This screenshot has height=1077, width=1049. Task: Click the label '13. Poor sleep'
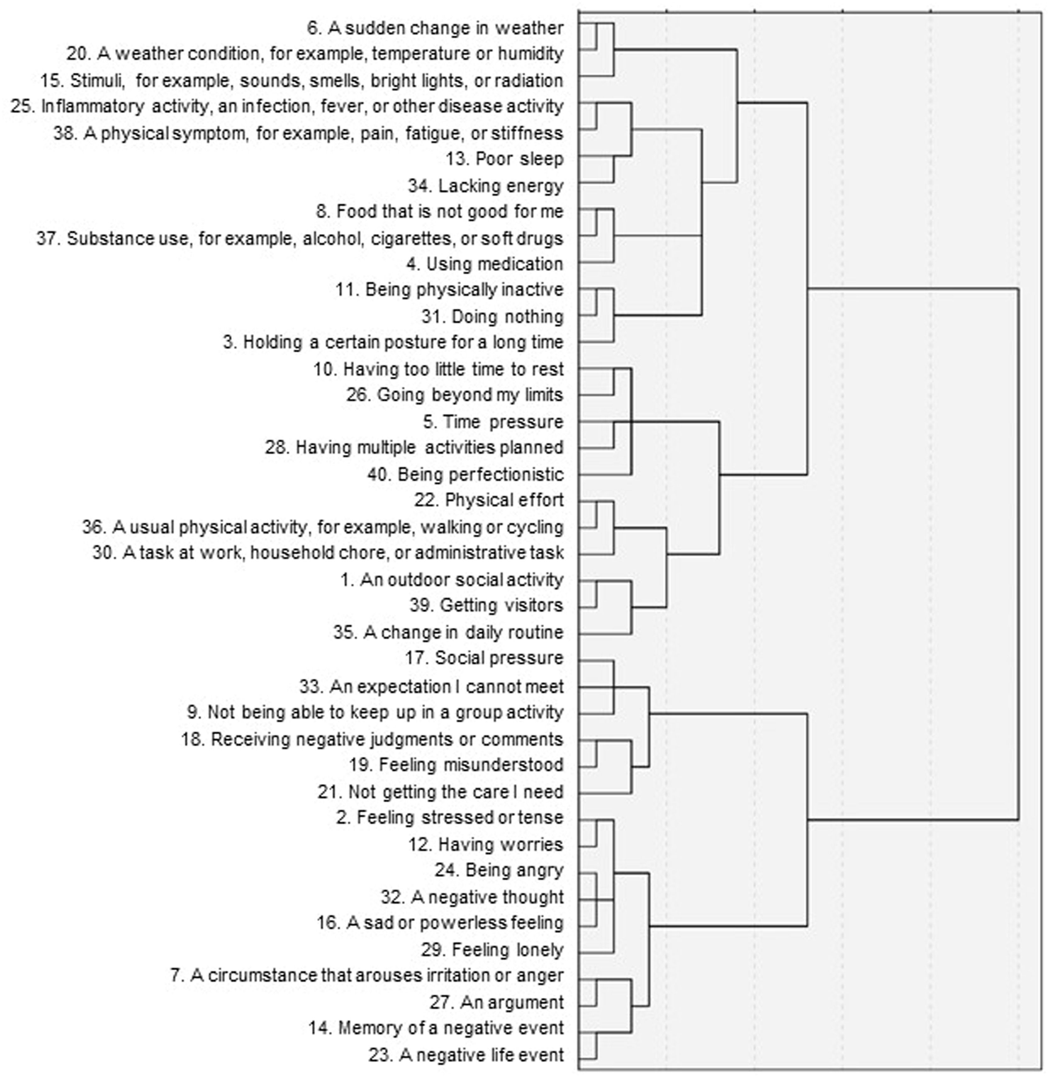505,159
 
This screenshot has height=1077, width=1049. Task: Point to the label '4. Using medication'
485,264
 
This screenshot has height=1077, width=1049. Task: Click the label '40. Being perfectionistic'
465,474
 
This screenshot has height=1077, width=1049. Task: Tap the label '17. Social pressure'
484,658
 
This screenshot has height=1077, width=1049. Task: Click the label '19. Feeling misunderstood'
456,765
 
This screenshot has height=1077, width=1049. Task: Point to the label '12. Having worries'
486,844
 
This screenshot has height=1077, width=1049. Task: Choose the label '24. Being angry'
499,870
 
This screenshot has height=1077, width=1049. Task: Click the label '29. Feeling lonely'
492,950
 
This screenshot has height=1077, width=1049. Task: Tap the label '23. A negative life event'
466,1055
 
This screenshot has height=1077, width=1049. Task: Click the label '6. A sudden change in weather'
435,28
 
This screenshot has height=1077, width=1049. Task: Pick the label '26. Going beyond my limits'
455,395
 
